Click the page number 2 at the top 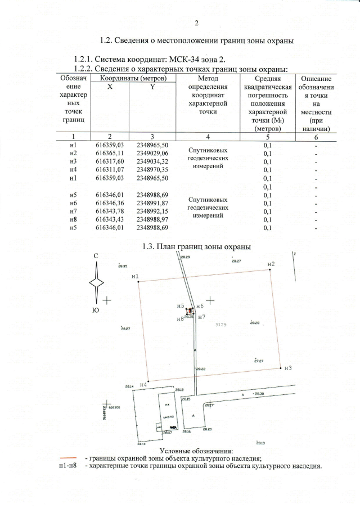coord(197,23)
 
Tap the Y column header coord(152,87)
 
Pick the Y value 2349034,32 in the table coord(152,161)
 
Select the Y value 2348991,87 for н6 coord(152,203)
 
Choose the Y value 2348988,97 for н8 coord(152,219)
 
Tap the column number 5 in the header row coord(268,137)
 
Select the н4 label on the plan coord(143,384)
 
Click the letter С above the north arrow coord(96,256)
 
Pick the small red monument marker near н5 coord(190,310)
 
